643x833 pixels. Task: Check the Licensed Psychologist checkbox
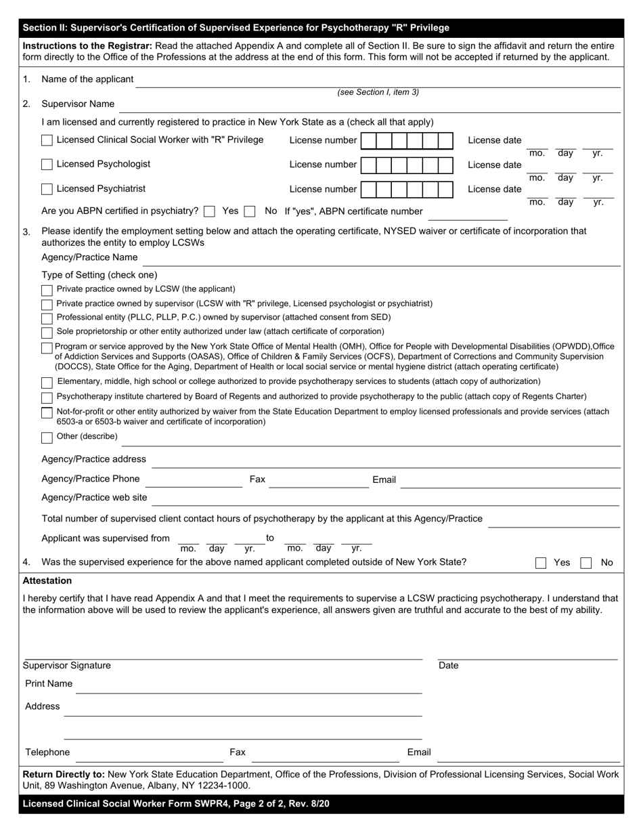47,165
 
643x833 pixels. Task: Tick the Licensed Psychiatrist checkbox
47,189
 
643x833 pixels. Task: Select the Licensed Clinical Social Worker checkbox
47,140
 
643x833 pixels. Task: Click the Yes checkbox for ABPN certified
209,211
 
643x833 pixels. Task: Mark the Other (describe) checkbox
47,437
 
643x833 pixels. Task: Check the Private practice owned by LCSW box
47,290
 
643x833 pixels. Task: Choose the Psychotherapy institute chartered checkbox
47,398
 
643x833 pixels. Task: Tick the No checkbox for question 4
586,563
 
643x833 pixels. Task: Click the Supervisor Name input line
369,107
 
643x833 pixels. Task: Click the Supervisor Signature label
67,666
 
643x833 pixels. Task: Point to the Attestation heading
47,581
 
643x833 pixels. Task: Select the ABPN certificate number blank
467,215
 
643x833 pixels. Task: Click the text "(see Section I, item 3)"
378,93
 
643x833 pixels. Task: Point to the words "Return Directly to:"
64,774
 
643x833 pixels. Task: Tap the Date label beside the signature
448,666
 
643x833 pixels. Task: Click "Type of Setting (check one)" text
99,275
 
